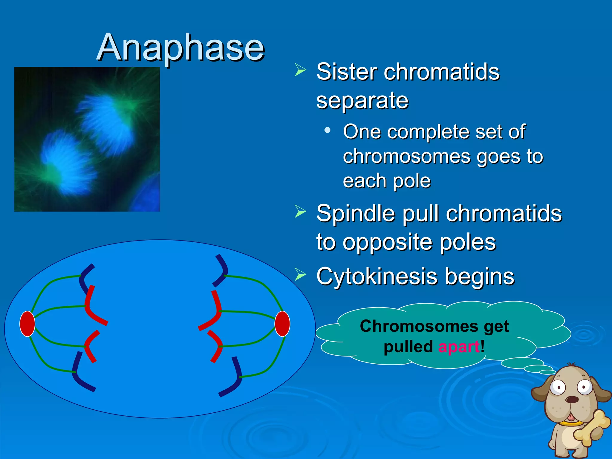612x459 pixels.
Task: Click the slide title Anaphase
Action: (180, 47)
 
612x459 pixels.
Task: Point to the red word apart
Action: (459, 347)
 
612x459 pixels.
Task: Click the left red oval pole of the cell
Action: (27, 324)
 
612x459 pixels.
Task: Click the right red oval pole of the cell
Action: (282, 324)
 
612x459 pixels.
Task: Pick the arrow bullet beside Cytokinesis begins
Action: (300, 275)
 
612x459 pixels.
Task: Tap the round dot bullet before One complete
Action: (328, 130)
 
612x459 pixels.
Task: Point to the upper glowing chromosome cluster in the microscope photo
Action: (108, 123)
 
